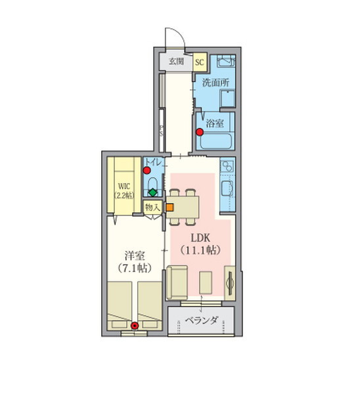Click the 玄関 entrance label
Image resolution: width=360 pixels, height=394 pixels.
(x=176, y=61)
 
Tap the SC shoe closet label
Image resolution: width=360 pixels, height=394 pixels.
(x=200, y=62)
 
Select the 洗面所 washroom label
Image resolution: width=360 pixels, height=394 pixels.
(x=215, y=83)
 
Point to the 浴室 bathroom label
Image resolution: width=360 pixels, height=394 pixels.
(x=215, y=123)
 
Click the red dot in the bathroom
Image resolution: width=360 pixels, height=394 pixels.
(x=200, y=132)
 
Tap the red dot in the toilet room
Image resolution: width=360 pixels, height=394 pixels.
(x=146, y=170)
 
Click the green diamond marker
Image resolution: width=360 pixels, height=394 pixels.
(x=153, y=192)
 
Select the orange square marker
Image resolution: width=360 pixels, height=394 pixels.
(x=169, y=208)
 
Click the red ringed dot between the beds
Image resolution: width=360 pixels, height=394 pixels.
(x=135, y=326)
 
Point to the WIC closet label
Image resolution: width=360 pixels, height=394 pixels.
(x=124, y=186)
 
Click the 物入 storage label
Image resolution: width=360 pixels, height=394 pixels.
(x=152, y=208)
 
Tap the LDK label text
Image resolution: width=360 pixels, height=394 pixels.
(x=200, y=238)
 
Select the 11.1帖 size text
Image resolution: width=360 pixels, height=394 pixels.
(x=200, y=250)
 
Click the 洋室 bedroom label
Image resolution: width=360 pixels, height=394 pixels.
(x=135, y=256)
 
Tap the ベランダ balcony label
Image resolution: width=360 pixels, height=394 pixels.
(x=202, y=320)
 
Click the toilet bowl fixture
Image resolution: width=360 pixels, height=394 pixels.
(x=152, y=183)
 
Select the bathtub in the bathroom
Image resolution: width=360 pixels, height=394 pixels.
(x=215, y=141)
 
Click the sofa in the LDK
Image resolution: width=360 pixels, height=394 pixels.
(x=177, y=282)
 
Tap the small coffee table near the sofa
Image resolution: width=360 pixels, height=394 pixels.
(x=206, y=282)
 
